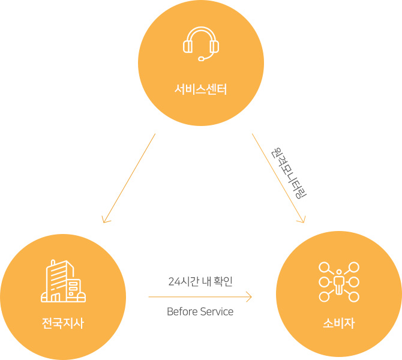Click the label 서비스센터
click(x=201, y=91)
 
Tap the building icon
click(x=63, y=281)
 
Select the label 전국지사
click(x=63, y=324)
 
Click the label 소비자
click(x=339, y=324)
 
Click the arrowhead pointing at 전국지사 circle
click(x=104, y=220)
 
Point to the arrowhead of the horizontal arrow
click(x=250, y=296)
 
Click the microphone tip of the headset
click(x=201, y=58)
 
